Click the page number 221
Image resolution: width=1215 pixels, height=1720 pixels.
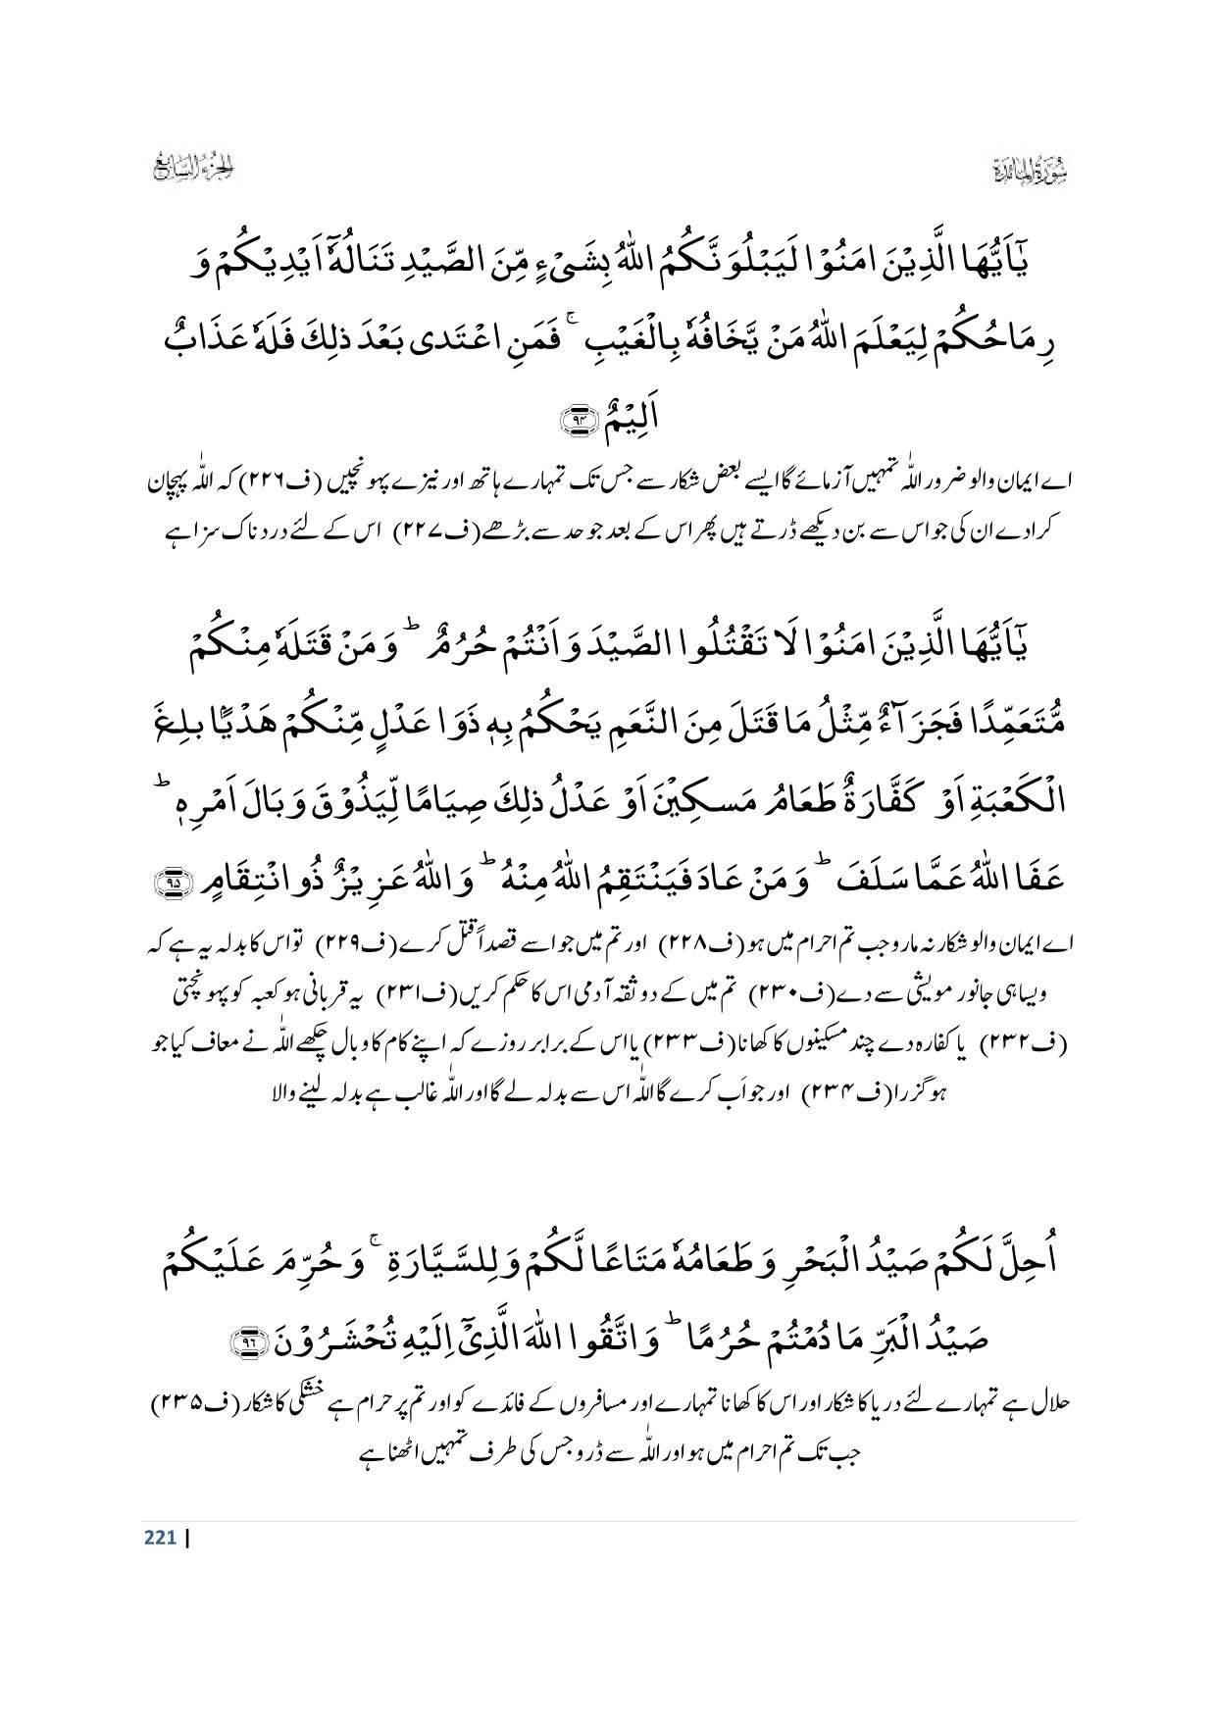(x=159, y=1538)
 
